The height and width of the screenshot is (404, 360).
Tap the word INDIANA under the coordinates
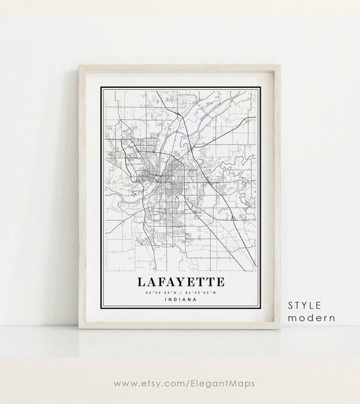click(x=179, y=299)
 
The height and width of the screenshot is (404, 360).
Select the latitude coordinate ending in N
click(x=161, y=292)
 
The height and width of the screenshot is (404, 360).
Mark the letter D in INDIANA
click(x=172, y=299)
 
